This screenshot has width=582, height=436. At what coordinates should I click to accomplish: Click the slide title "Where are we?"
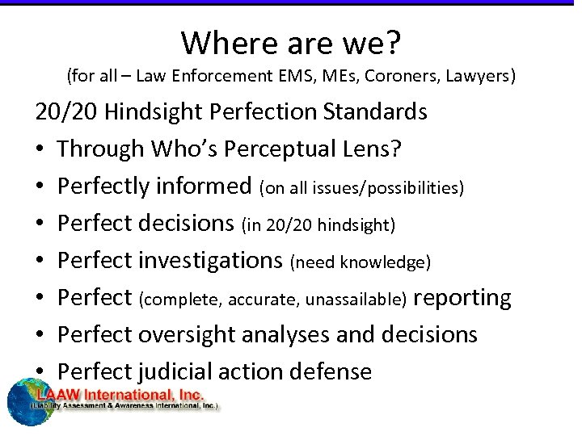click(290, 43)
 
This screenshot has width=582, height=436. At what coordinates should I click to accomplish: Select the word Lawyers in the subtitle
click(474, 77)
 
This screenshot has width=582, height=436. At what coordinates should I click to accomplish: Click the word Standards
click(375, 111)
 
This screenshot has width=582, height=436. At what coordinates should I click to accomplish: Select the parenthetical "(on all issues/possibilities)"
click(361, 187)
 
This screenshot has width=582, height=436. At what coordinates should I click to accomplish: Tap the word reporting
click(462, 298)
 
